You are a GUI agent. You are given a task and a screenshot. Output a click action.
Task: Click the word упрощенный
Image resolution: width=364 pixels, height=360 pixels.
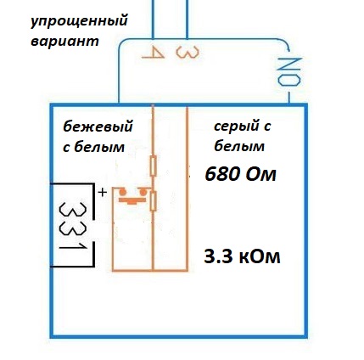[x=79, y=22]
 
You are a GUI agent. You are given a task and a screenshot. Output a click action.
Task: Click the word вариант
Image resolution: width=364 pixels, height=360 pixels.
[x=64, y=41]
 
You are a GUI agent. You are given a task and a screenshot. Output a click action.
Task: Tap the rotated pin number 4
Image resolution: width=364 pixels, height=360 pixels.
[x=153, y=53]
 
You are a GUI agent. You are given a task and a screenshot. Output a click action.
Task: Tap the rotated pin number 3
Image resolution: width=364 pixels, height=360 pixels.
[x=188, y=53]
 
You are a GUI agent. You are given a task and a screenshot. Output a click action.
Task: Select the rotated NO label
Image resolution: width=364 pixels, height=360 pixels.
[x=288, y=71]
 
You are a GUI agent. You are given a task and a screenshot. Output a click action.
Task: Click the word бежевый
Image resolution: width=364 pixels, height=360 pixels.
[x=98, y=127]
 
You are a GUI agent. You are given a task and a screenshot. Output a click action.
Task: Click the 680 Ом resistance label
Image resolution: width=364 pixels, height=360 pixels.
[x=240, y=174]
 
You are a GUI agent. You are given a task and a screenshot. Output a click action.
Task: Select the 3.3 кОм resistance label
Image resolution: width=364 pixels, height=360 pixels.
[x=242, y=256]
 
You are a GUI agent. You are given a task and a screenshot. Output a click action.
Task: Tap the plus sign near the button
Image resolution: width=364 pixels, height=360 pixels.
[x=103, y=193]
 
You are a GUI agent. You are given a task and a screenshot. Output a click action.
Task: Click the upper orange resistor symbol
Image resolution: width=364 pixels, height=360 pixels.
[x=153, y=166]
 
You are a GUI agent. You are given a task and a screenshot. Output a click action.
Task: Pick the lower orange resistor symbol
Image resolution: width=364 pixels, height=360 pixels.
[x=153, y=201]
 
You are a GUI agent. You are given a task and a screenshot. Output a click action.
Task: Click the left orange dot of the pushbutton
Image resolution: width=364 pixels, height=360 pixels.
[x=122, y=193]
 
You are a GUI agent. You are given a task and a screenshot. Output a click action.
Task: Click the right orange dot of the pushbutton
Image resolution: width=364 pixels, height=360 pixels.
[x=143, y=193]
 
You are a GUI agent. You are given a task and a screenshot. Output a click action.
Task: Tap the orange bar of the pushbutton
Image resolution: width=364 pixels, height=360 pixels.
[x=132, y=200]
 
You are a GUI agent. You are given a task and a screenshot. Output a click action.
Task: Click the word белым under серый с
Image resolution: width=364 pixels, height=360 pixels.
[x=239, y=147]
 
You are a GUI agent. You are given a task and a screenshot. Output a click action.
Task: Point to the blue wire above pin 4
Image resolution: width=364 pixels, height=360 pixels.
[x=153, y=20]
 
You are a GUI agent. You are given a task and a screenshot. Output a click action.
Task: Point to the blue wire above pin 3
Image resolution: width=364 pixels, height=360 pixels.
[x=187, y=20]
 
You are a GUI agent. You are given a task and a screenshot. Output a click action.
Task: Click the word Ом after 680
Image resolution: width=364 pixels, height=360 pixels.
[x=260, y=174]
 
